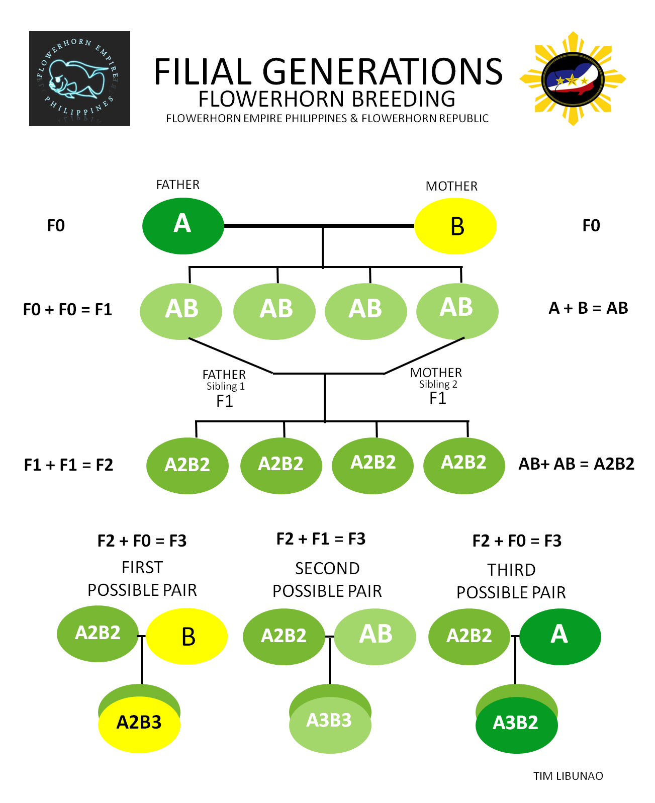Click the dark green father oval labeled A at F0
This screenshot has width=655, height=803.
(x=182, y=225)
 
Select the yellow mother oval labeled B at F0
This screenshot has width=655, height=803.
(x=455, y=225)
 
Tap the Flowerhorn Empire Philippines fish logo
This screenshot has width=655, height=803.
(x=79, y=78)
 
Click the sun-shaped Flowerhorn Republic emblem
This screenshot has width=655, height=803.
(x=573, y=78)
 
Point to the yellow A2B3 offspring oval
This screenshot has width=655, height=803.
(x=139, y=724)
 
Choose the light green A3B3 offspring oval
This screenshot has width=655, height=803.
(x=330, y=725)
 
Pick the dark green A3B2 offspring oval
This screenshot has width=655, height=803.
(x=516, y=725)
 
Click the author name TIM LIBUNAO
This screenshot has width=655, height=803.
(x=568, y=776)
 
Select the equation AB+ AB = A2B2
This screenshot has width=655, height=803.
(x=576, y=464)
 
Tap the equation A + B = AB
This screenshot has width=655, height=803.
(x=588, y=308)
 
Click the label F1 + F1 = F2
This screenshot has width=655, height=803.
(x=68, y=465)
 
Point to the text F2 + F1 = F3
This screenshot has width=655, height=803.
(x=321, y=539)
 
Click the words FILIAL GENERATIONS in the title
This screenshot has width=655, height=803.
(x=328, y=71)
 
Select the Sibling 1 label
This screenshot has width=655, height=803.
(x=225, y=386)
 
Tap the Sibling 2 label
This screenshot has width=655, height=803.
(x=438, y=384)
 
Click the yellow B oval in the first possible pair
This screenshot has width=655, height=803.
(x=186, y=636)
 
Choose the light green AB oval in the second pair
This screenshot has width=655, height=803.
(x=375, y=637)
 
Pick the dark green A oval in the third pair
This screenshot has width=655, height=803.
(x=560, y=637)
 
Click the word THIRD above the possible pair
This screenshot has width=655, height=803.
(x=511, y=570)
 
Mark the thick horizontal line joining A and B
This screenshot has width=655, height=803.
(x=319, y=226)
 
